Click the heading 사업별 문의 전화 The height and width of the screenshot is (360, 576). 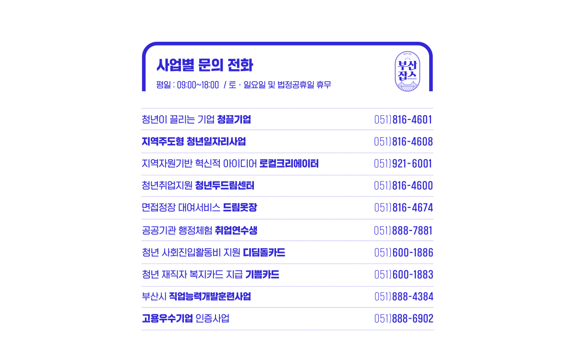pyautogui.click(x=205, y=65)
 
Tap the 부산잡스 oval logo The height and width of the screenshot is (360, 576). pyautogui.click(x=408, y=71)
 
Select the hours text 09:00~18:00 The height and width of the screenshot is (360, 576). pyautogui.click(x=198, y=85)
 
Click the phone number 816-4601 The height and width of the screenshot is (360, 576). pyautogui.click(x=412, y=120)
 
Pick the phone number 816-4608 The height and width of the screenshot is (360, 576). pyautogui.click(x=412, y=142)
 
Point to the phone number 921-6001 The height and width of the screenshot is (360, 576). pyautogui.click(x=412, y=164)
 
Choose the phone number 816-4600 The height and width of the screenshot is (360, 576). pyautogui.click(x=412, y=186)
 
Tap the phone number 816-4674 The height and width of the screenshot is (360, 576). pyautogui.click(x=413, y=208)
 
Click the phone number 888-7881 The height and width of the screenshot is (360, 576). pyautogui.click(x=412, y=231)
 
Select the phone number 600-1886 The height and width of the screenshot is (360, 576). pyautogui.click(x=413, y=252)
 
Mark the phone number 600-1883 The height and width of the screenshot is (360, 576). pyautogui.click(x=413, y=275)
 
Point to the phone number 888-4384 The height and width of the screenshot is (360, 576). pyautogui.click(x=413, y=297)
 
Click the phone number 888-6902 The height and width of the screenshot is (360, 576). pyautogui.click(x=413, y=319)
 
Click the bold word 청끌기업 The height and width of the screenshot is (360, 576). pyautogui.click(x=234, y=120)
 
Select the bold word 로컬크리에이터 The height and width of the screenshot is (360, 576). pyautogui.click(x=289, y=164)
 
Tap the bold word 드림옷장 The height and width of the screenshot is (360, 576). pyautogui.click(x=240, y=208)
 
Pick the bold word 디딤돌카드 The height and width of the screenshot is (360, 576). pyautogui.click(x=264, y=252)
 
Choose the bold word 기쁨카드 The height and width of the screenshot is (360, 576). pyautogui.click(x=262, y=275)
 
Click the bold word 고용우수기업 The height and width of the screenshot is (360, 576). pyautogui.click(x=168, y=319)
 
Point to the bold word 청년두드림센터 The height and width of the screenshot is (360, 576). pyautogui.click(x=225, y=186)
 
